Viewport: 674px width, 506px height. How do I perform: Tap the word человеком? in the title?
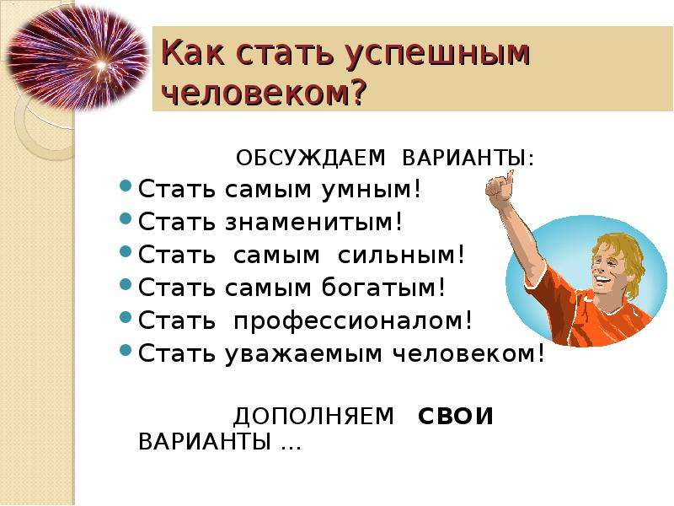point(265,92)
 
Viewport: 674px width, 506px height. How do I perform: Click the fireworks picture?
point(78,59)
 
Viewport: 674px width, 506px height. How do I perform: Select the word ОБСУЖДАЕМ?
point(311,159)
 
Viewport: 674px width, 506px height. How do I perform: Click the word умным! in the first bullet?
point(372,190)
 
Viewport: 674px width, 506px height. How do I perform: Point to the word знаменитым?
point(313,222)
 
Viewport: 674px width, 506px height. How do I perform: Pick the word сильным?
point(401,255)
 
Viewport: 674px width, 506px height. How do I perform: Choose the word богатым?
point(383,287)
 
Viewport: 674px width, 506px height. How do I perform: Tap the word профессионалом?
point(352,320)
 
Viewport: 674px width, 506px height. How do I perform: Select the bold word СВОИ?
point(456,417)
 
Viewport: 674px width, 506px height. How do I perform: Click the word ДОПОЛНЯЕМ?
point(313,417)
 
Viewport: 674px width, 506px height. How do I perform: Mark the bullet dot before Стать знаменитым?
point(126,218)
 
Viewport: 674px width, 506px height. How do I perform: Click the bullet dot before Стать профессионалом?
point(126,318)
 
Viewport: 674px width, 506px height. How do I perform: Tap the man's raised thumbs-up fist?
point(500,186)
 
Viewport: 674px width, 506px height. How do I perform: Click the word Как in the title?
point(194,52)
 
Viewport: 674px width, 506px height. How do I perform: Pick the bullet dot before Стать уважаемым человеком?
point(126,350)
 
